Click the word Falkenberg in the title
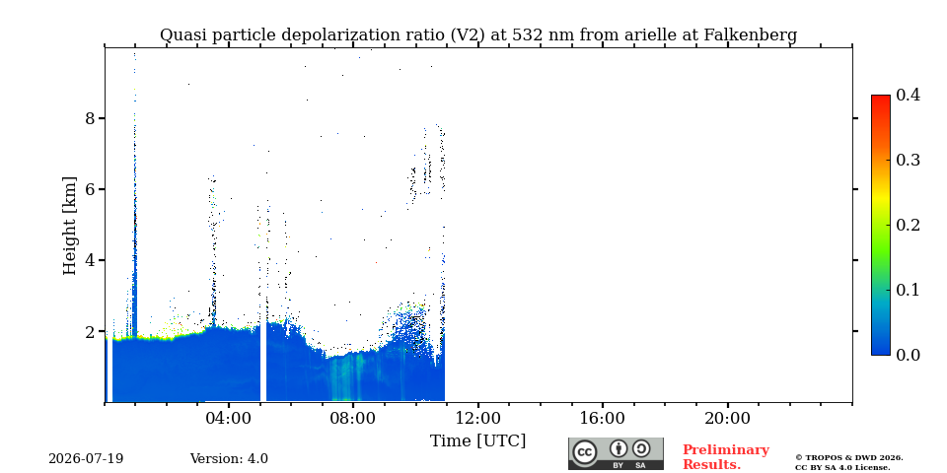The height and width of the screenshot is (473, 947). [x=750, y=35]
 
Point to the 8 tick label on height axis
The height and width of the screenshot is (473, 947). [x=91, y=118]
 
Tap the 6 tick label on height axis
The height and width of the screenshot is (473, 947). [x=91, y=189]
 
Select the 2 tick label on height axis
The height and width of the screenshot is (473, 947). [x=91, y=331]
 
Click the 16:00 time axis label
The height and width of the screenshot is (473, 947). [x=604, y=418]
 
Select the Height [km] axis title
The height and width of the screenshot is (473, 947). [x=70, y=226]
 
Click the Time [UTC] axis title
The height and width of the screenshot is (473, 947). [x=477, y=441]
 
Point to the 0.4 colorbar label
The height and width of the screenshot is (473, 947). [x=908, y=95]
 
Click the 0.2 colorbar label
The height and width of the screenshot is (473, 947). [x=908, y=225]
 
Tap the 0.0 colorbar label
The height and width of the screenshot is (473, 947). [x=908, y=355]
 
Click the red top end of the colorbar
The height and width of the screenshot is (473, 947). [x=881, y=97]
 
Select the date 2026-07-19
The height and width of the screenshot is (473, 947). [x=86, y=459]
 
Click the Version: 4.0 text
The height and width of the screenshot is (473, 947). [x=229, y=459]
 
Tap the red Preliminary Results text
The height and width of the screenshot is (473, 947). [x=726, y=457]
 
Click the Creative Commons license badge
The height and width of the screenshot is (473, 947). [x=616, y=454]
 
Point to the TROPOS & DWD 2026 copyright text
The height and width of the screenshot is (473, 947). [x=849, y=458]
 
